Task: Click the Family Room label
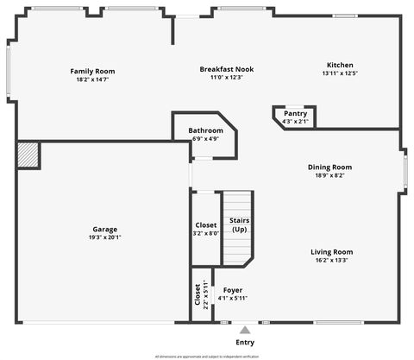92,71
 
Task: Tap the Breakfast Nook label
227,69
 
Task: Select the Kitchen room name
340,65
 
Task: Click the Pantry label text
295,113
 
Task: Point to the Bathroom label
205,130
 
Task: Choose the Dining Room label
330,167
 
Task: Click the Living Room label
332,252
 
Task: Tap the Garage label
105,229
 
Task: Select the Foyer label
233,290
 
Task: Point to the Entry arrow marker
245,329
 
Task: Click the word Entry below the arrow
245,343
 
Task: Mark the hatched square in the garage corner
28,155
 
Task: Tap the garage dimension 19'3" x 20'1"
105,237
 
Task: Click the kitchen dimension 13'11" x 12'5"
340,73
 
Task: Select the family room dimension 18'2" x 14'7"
92,79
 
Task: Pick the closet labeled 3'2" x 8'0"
206,229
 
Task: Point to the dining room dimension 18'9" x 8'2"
330,175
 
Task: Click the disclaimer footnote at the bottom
207,356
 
